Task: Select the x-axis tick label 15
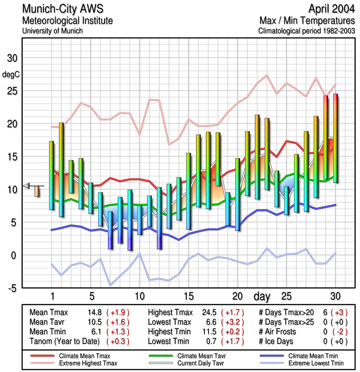(189, 296)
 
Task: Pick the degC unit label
(11, 74)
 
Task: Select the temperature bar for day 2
(61, 170)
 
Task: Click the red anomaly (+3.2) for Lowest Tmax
(233, 322)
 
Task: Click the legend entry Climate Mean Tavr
(198, 355)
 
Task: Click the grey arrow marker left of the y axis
(26, 186)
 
